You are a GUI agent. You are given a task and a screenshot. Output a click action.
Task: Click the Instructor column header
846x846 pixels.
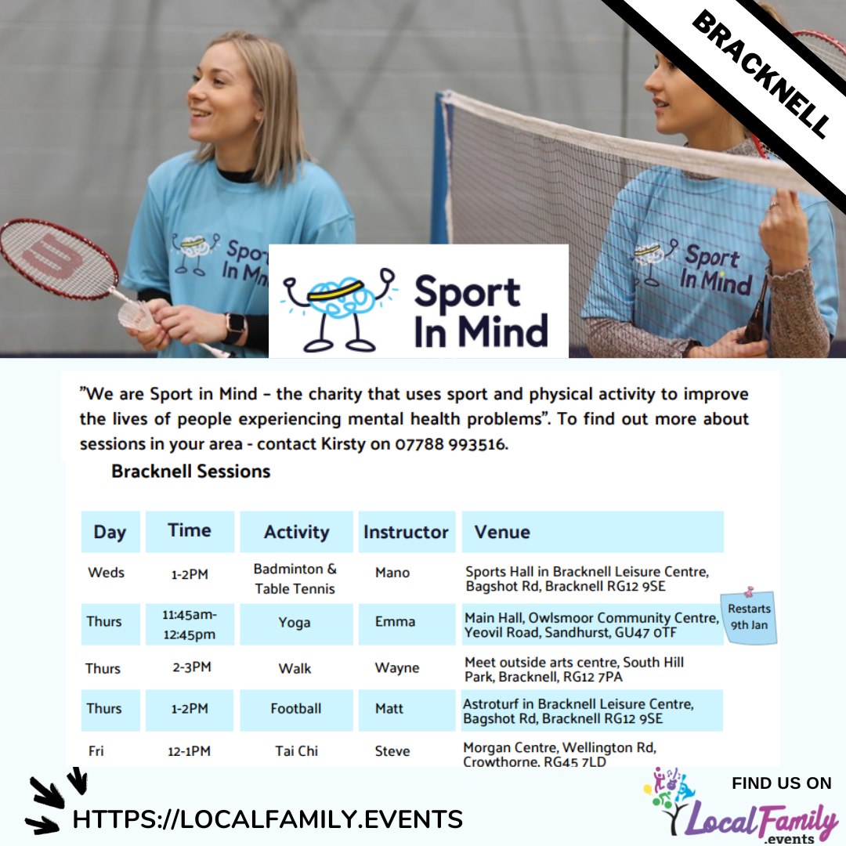pos(407,532)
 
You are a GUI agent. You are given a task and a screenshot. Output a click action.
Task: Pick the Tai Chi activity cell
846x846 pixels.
pos(296,751)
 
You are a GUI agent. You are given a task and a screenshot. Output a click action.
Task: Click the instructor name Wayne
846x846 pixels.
pos(397,668)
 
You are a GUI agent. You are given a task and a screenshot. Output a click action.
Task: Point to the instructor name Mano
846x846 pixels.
pos(392,573)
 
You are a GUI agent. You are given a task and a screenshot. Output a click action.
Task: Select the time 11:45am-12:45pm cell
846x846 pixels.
pos(190,624)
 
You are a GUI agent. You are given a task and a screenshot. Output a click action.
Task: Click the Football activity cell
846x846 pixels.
pos(296,710)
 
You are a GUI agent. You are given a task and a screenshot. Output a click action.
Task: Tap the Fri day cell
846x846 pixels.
pos(96,751)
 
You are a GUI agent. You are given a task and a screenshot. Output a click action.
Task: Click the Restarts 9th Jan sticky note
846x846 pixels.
pos(749,616)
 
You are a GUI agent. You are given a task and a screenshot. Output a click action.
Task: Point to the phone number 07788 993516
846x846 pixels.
pos(450,444)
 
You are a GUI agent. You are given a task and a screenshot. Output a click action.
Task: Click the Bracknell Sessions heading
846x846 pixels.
pos(190,471)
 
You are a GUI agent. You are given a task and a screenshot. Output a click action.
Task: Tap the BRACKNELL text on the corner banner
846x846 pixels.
pos(761,74)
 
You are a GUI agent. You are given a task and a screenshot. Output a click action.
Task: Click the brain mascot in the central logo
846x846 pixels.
pos(338,309)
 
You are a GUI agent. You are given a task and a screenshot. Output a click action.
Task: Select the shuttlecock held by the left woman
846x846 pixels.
pos(137,316)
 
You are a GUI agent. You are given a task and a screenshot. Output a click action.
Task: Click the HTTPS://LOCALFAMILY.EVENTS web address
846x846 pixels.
pos(268,819)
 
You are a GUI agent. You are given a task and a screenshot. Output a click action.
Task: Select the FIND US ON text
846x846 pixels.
pos(781,783)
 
